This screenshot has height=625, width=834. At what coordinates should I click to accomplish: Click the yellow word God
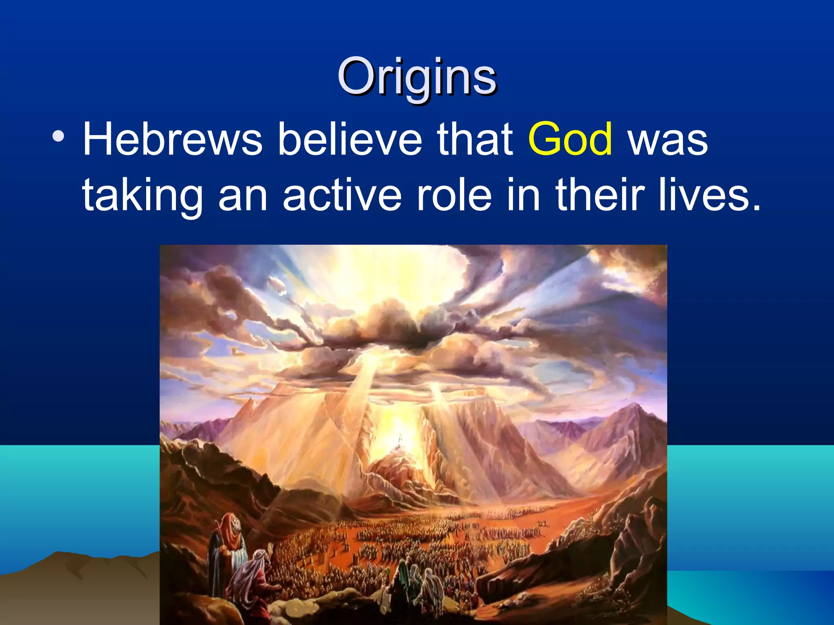pyautogui.click(x=570, y=140)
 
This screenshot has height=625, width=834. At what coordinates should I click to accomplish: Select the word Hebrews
pyautogui.click(x=173, y=140)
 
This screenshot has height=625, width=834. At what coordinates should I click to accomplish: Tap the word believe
pyautogui.click(x=350, y=140)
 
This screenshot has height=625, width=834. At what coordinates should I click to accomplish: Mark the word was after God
pyautogui.click(x=668, y=140)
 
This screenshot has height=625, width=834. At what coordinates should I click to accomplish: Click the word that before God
pyautogui.click(x=475, y=140)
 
